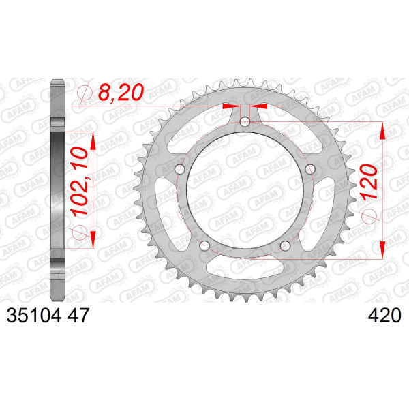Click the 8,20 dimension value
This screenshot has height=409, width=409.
point(121,92)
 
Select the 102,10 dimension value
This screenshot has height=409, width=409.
point(80,181)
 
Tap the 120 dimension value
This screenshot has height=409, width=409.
point(369,181)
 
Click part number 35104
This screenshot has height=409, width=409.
point(34,316)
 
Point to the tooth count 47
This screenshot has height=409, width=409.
point(78,316)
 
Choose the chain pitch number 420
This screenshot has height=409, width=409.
point(384,316)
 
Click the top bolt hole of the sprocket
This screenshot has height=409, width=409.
point(245,121)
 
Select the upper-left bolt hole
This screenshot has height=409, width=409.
point(179,169)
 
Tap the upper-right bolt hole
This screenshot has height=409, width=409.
point(310,169)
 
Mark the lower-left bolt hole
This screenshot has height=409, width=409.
point(204,245)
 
